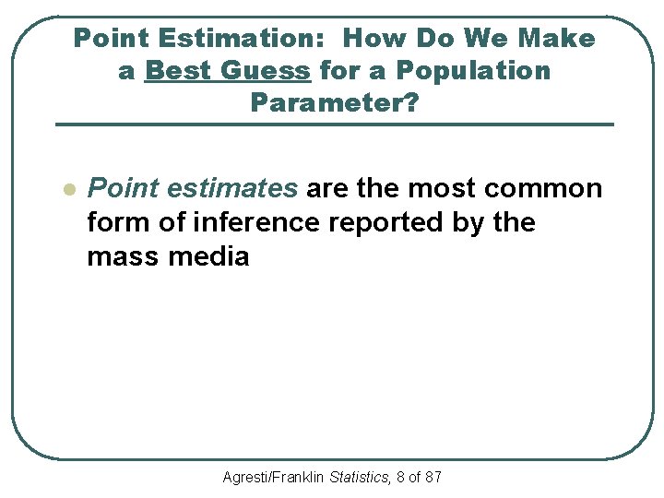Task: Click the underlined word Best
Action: point(178,71)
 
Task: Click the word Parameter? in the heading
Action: point(334,102)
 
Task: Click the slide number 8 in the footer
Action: point(398,478)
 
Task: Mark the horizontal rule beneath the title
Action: point(334,125)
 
